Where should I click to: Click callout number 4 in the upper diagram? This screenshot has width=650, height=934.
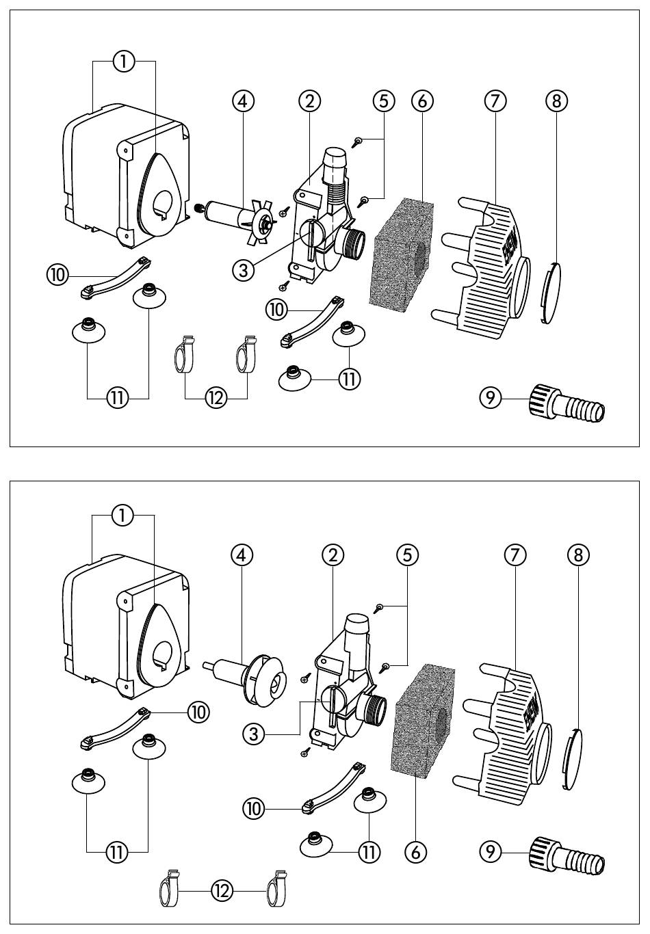242,101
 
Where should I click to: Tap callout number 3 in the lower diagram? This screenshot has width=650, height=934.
254,734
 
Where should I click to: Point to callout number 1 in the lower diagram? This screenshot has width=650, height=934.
122,516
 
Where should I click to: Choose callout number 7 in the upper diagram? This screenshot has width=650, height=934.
495,101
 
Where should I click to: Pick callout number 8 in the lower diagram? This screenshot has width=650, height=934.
578,555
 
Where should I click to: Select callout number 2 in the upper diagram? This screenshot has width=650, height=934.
309,101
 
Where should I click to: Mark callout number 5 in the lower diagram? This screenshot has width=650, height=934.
408,555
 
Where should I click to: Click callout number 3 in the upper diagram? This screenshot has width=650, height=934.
244,271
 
